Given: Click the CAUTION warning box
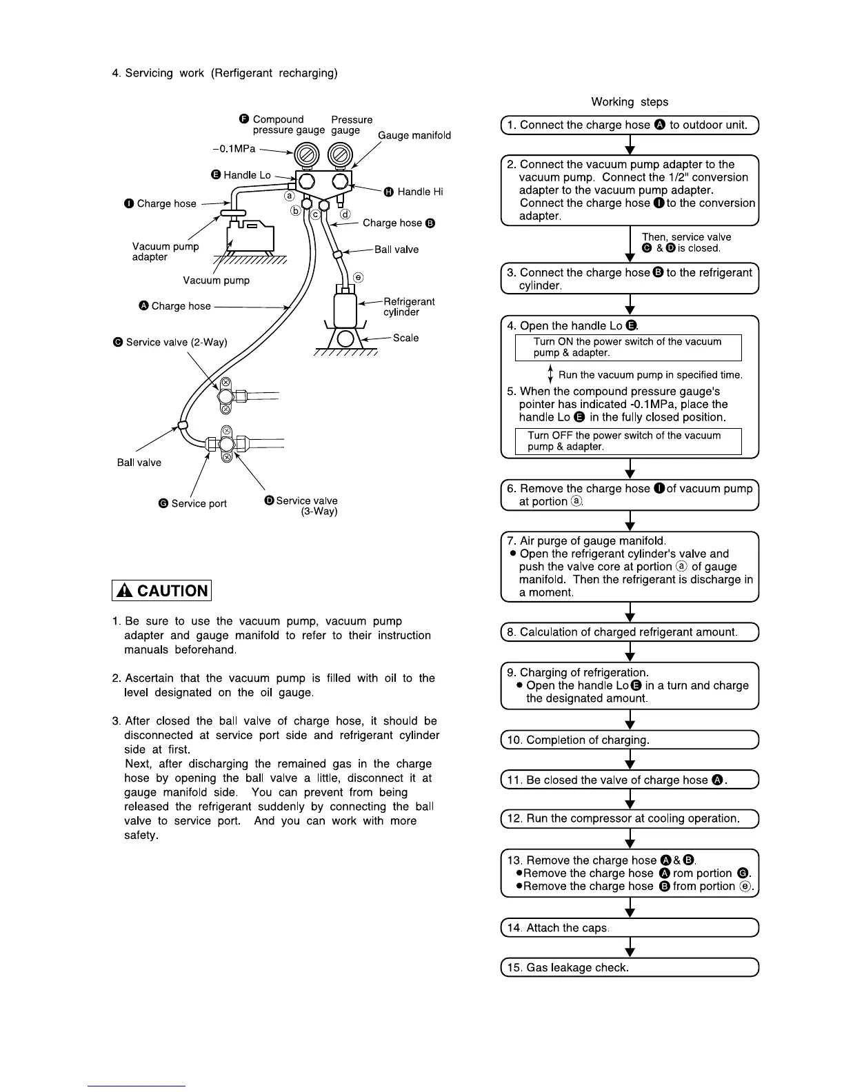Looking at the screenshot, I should [x=161, y=591].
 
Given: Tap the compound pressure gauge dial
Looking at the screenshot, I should [x=305, y=154].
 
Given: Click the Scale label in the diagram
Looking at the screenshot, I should [x=405, y=338].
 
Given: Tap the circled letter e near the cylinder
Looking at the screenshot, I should [x=358, y=277].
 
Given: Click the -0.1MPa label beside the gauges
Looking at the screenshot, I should [x=234, y=148].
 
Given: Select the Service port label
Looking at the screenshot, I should [x=199, y=503].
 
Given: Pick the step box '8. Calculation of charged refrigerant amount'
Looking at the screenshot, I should [x=629, y=632].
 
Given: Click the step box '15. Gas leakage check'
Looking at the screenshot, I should [x=629, y=967].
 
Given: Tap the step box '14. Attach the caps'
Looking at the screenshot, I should [x=629, y=928].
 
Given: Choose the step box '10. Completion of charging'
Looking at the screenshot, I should [x=629, y=740].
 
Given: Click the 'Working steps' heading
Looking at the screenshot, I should [x=630, y=102].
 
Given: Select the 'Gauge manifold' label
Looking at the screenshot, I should [x=414, y=135].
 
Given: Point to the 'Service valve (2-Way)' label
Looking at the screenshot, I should [x=176, y=342].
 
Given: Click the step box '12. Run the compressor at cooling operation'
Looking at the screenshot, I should [x=629, y=819].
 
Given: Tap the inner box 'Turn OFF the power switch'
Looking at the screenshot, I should [x=627, y=441].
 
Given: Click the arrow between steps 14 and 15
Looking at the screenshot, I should [x=630, y=948].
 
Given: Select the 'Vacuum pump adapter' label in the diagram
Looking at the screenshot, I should [x=165, y=252].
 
